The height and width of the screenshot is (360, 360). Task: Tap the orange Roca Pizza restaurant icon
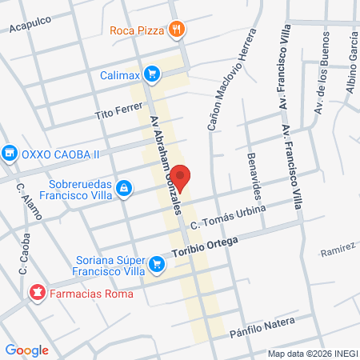[178, 31]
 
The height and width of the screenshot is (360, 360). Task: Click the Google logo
[26, 349]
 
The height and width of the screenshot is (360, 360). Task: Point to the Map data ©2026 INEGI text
[312, 353]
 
